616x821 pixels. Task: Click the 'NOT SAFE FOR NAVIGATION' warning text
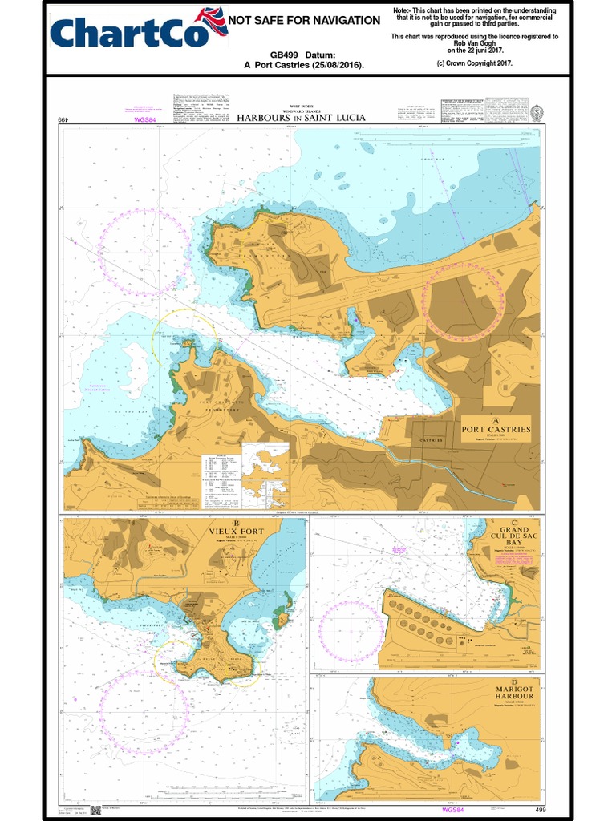305,20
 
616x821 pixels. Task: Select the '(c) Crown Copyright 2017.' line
474,62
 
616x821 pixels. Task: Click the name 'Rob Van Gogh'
474,43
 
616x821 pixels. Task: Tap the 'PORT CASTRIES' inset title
496,429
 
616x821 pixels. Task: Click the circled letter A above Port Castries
496,419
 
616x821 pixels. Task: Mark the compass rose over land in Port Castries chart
464,298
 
